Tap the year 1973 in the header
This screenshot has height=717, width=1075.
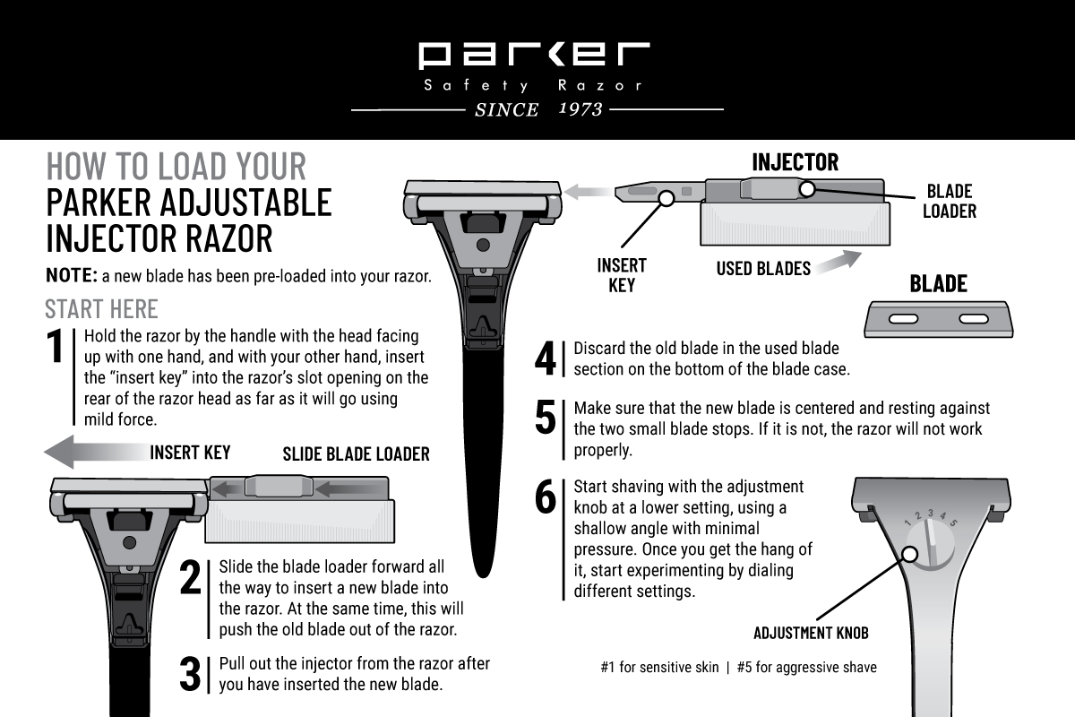coord(580,109)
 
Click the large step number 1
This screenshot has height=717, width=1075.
coord(56,349)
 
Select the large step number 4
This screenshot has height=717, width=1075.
coord(546,359)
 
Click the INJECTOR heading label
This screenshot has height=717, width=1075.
coord(795,162)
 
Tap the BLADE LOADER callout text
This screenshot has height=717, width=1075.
coord(949,201)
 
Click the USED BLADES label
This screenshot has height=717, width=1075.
coord(763,268)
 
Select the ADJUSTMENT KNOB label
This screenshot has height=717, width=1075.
coord(811,633)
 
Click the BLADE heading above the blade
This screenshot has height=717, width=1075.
coord(938,284)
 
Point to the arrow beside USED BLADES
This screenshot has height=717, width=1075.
coord(838,261)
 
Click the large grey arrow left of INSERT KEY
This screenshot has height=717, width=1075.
coord(91,451)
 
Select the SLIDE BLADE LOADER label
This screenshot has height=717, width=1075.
coord(356,454)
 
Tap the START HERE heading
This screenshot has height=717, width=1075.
coord(101,309)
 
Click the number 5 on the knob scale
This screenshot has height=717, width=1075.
coord(954,523)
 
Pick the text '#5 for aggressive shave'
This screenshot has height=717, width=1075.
coord(806,667)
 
